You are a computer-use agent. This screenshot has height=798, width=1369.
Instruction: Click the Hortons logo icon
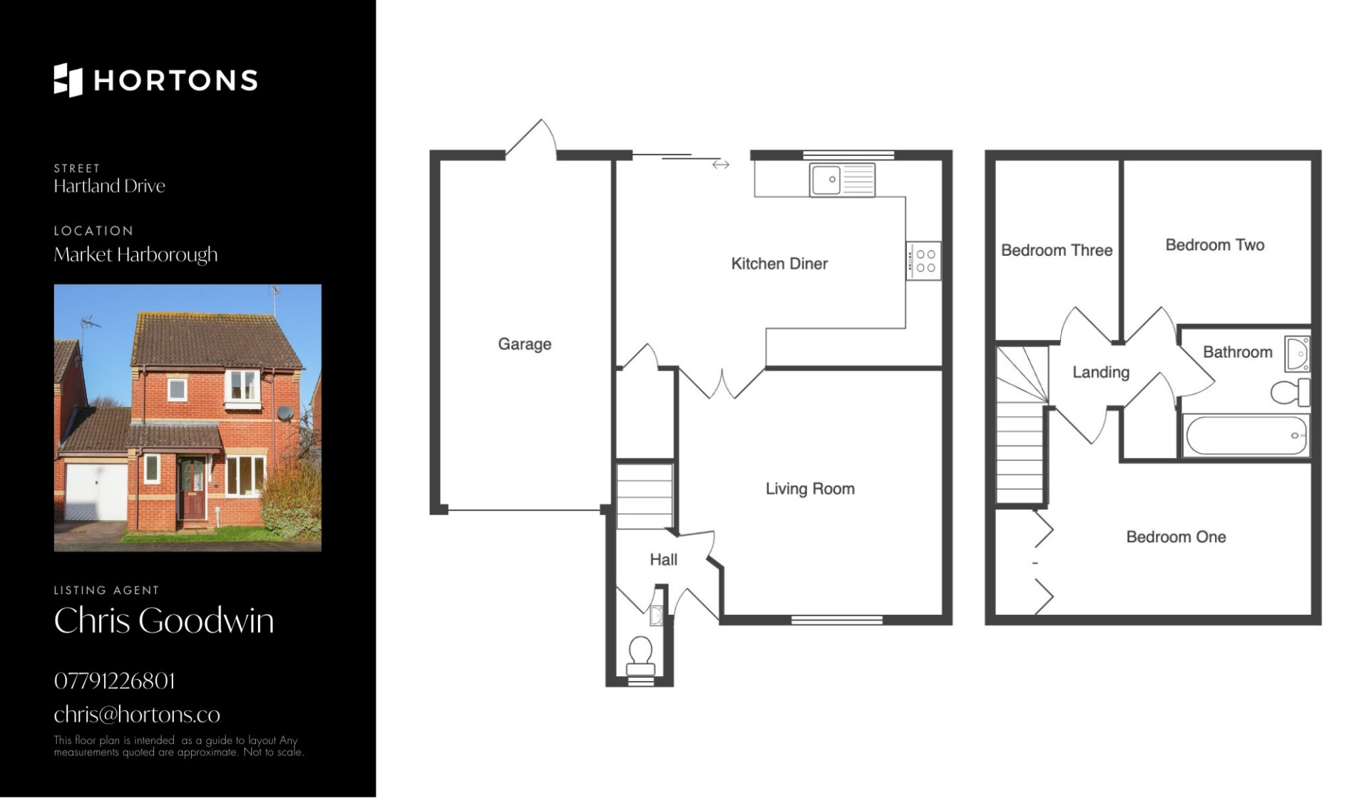[68, 80]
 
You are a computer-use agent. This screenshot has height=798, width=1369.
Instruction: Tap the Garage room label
[525, 344]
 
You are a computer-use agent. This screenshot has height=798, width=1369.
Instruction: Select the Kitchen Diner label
[779, 264]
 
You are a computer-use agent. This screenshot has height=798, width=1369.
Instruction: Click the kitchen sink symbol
[842, 180]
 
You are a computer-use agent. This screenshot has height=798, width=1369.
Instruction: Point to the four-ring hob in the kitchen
[924, 261]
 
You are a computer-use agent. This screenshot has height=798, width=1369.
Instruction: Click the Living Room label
[810, 489]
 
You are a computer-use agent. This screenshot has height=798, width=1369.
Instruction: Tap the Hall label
[663, 560]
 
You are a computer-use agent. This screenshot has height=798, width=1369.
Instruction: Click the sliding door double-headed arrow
[721, 165]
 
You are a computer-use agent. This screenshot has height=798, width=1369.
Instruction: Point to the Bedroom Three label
[1057, 250]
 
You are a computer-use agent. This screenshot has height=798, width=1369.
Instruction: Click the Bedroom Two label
[1215, 245]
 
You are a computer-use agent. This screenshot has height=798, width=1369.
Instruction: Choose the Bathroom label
[1238, 352]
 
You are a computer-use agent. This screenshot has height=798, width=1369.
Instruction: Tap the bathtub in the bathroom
[1246, 435]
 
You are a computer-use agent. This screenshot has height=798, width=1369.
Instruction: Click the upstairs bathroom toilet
[1291, 392]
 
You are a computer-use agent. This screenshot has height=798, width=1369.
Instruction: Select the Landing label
[1101, 372]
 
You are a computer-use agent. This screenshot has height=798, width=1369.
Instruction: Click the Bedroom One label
[1176, 537]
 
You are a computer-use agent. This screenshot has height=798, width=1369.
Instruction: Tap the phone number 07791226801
[114, 681]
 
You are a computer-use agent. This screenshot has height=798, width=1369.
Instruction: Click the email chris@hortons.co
[137, 714]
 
